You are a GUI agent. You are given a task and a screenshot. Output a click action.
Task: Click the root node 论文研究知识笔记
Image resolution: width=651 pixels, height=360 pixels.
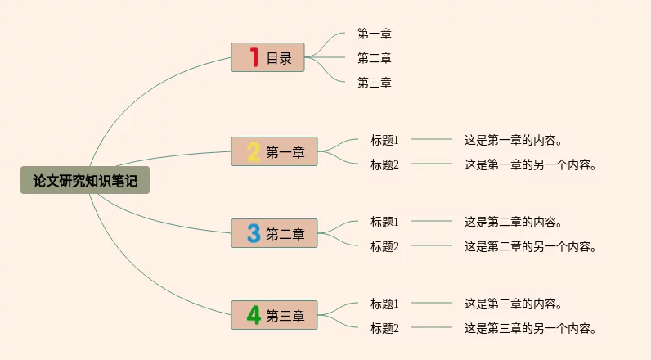[x=85, y=180]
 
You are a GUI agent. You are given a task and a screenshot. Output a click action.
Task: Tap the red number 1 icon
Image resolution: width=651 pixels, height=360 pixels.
[x=254, y=57]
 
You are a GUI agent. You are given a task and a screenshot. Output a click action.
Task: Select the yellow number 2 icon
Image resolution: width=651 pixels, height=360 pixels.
[x=254, y=151]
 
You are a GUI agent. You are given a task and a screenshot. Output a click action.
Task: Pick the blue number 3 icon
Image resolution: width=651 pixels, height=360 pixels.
[x=254, y=233]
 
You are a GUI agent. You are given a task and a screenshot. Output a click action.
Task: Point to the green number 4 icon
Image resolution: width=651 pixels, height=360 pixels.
[x=254, y=315]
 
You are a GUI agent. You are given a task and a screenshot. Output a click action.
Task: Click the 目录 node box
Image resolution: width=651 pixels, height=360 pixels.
[x=267, y=57]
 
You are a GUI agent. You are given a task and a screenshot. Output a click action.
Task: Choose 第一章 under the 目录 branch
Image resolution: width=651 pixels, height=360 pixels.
[x=375, y=34]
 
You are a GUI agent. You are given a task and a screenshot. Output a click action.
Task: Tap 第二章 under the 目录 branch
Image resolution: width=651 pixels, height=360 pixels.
[x=375, y=58]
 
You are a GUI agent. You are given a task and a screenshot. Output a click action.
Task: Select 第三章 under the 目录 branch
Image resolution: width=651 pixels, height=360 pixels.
[x=375, y=82]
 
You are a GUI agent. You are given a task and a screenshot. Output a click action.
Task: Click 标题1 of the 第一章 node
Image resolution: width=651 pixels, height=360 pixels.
[x=384, y=140]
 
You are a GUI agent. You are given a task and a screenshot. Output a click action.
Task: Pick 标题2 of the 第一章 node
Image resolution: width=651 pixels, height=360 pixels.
[x=384, y=164]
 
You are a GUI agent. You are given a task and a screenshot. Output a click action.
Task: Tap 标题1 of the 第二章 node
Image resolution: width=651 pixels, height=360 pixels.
[x=384, y=222]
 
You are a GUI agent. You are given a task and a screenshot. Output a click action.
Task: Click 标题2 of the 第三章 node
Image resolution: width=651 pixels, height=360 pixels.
[x=384, y=328]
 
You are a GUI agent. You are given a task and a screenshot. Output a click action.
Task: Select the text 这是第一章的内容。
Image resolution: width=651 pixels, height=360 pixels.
[x=513, y=140]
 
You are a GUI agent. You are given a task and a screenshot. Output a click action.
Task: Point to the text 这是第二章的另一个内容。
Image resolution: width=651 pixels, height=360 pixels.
[x=530, y=246]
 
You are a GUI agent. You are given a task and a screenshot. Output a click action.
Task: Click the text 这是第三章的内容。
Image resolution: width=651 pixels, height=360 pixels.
[x=513, y=304]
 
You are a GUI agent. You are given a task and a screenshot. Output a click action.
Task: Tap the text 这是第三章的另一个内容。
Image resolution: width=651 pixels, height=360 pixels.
[x=530, y=328]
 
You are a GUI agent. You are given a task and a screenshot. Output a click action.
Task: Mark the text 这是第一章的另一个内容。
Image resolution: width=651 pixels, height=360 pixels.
[x=530, y=164]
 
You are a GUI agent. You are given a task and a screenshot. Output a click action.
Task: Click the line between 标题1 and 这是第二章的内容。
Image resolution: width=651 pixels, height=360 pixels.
[x=432, y=221]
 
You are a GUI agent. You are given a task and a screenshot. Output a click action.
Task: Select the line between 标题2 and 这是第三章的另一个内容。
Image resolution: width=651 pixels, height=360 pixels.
[x=432, y=327]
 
